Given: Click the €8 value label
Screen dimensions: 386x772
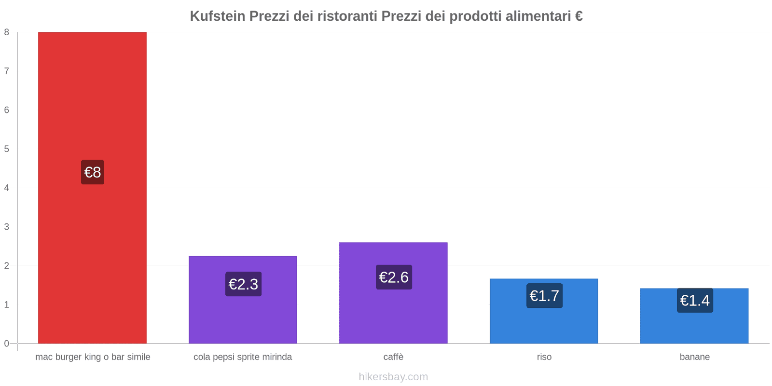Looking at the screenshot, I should pyautogui.click(x=93, y=172).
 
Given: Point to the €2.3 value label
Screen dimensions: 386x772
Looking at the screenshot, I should pyautogui.click(x=243, y=284).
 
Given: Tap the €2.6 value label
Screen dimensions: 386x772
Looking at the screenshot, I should pyautogui.click(x=394, y=277).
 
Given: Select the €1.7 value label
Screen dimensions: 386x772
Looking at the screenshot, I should pyautogui.click(x=544, y=296).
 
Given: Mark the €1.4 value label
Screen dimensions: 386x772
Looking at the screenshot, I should pyautogui.click(x=695, y=301).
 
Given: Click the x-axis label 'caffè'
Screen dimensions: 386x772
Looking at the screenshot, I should pyautogui.click(x=393, y=357).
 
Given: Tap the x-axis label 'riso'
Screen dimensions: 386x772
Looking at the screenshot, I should pyautogui.click(x=544, y=357).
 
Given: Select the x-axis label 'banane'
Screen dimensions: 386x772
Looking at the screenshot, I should pyautogui.click(x=694, y=357).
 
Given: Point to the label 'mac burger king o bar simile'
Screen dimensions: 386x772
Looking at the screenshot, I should pyautogui.click(x=93, y=357).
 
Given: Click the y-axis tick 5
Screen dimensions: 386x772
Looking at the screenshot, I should pyautogui.click(x=7, y=149).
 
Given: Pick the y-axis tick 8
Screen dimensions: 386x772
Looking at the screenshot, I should pyautogui.click(x=7, y=32).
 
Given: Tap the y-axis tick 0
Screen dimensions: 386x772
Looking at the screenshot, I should pyautogui.click(x=7, y=344).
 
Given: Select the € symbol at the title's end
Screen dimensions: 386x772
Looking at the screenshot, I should pyautogui.click(x=579, y=16).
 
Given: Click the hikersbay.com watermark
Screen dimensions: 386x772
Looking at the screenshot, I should pyautogui.click(x=393, y=377).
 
